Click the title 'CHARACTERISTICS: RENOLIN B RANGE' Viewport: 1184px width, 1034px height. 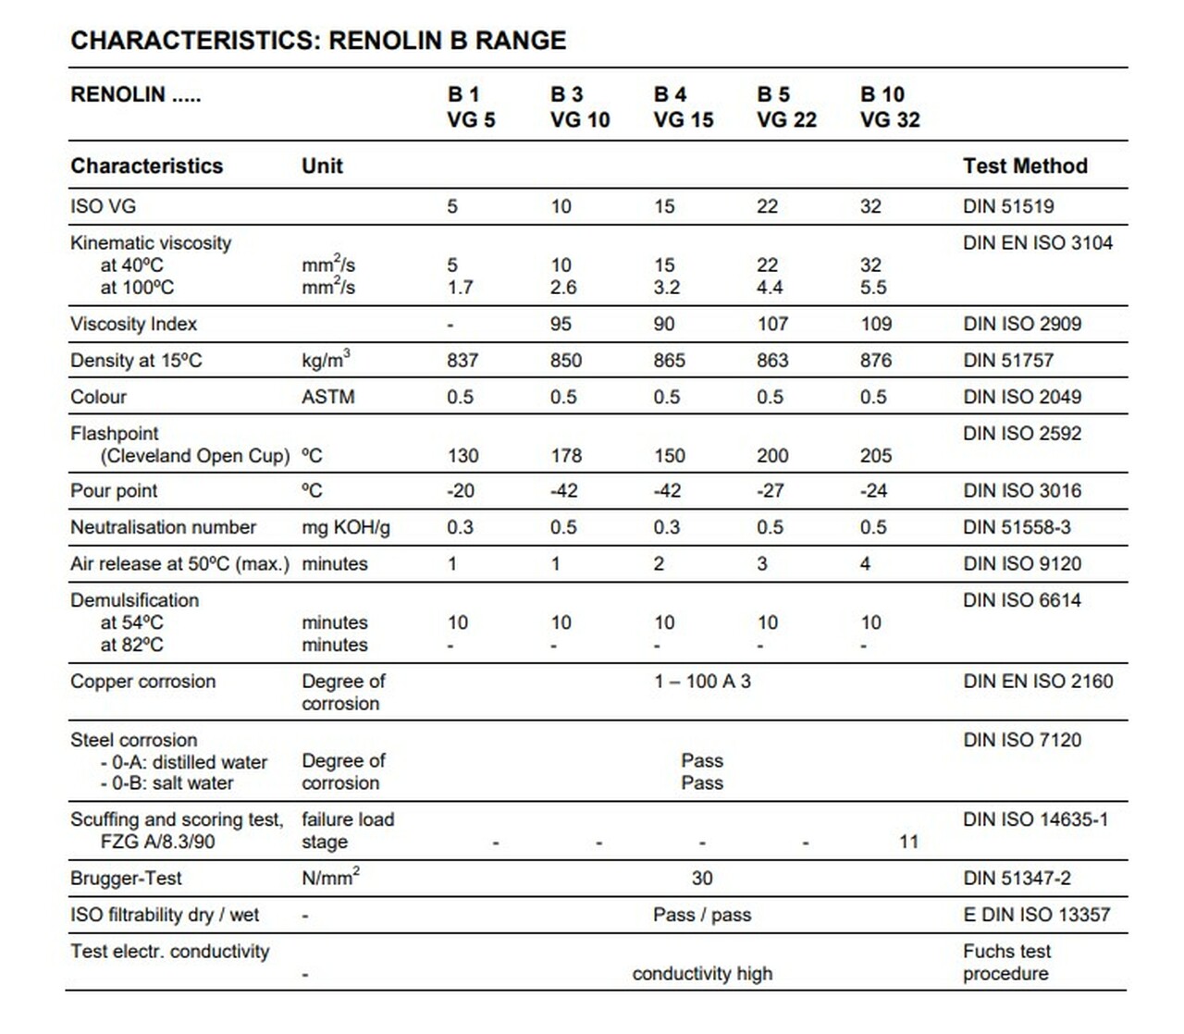[318, 41]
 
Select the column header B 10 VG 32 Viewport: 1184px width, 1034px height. [889, 106]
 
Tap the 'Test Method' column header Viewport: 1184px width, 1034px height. [1024, 166]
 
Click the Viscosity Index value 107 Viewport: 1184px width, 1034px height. [772, 325]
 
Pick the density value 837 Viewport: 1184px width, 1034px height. [462, 361]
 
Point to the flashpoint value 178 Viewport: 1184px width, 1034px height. [566, 456]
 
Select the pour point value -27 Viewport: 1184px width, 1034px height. [770, 491]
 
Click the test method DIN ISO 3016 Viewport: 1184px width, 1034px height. [1021, 491]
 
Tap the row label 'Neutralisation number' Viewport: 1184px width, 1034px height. [163, 527]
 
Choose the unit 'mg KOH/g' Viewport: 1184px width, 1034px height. [346, 528]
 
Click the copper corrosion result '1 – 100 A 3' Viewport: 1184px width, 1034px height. [702, 682]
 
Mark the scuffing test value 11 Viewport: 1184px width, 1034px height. [908, 843]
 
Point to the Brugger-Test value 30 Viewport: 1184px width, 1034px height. [702, 879]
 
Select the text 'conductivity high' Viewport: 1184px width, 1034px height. [702, 974]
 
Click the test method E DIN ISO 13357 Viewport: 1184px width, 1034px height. [1036, 915]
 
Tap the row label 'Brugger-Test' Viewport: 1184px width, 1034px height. [126, 879]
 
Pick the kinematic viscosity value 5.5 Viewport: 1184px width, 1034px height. [873, 288]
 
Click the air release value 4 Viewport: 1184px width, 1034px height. [865, 564]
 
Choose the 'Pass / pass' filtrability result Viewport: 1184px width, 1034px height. [702, 915]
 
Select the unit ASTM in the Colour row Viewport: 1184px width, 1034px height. [327, 398]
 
